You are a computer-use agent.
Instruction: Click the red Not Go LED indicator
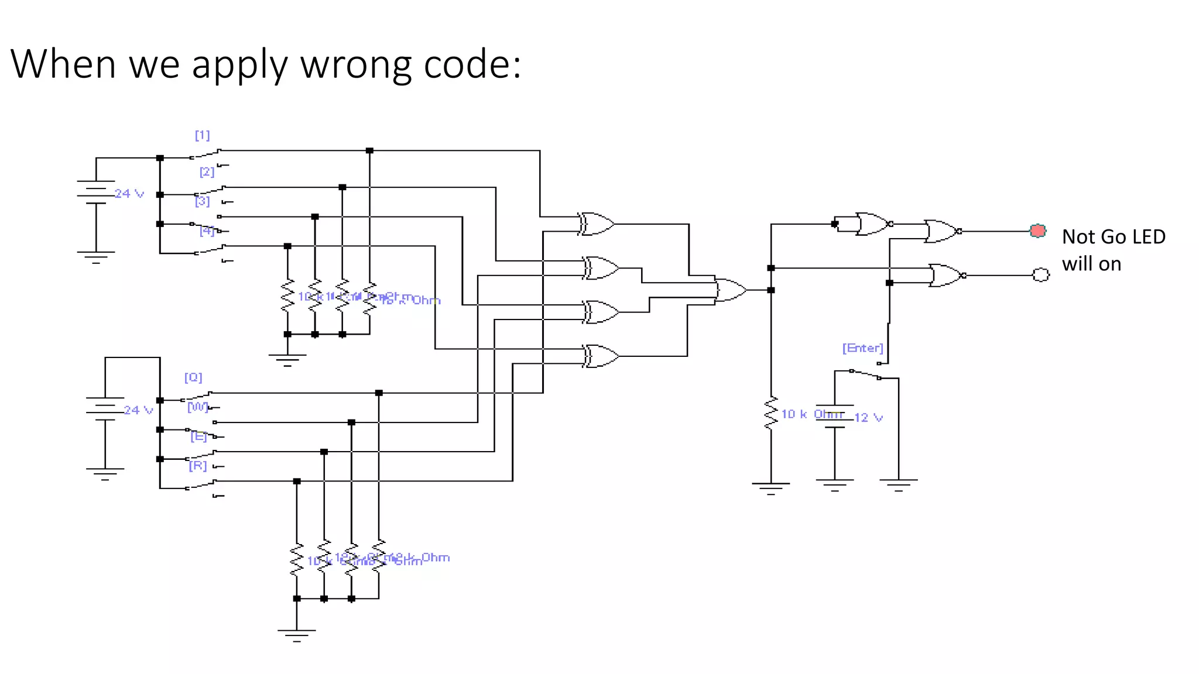point(1037,231)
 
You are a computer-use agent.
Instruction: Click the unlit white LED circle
point(1040,274)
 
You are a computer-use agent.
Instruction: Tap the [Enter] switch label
point(862,348)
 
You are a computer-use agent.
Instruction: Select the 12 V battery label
point(868,418)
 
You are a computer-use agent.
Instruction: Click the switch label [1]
point(202,136)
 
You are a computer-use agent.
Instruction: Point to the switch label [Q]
point(193,377)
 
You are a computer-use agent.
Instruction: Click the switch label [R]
point(198,466)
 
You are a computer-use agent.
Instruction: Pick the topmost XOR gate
point(596,224)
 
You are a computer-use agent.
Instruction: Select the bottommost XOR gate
point(601,356)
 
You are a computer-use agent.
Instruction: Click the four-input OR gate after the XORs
point(730,290)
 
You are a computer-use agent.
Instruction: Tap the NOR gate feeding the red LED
point(941,232)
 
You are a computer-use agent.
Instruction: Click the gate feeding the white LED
point(946,275)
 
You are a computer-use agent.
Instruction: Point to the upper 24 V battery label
point(129,194)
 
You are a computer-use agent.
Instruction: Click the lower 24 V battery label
point(138,410)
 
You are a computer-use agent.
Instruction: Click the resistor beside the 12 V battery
point(770,413)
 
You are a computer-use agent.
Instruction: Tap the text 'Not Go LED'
point(1113,237)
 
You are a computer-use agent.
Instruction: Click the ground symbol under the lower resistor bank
point(296,634)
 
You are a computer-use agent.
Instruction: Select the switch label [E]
point(198,436)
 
